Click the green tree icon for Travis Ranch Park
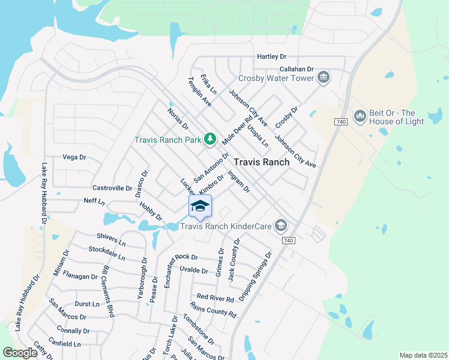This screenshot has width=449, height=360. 209,140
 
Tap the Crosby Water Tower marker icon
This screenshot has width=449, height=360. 324,77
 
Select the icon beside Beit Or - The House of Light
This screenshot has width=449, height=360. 360,116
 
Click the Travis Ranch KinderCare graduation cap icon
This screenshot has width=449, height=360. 280,226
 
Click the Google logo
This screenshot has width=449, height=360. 20,353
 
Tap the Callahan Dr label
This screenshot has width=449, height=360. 298,70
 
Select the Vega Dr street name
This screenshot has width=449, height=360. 74,157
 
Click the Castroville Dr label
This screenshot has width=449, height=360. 112,188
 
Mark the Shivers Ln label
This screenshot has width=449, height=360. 111,240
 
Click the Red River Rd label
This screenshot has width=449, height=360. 215,298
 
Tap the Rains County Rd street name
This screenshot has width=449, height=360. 213,309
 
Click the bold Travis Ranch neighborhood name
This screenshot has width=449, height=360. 261,162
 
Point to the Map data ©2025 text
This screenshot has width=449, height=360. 423,355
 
